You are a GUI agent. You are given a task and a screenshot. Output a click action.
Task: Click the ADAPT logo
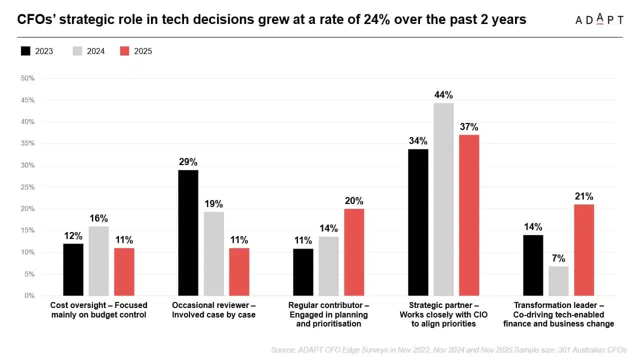click(599, 19)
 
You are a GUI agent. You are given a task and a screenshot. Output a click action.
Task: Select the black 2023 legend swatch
click(25, 51)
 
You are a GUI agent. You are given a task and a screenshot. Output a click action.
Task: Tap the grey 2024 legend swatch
click(77, 51)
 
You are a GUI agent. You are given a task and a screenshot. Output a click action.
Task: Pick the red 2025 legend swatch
click(124, 51)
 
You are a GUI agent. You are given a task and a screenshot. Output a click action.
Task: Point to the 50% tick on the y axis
click(27, 78)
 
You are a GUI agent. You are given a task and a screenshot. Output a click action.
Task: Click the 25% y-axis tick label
click(27, 187)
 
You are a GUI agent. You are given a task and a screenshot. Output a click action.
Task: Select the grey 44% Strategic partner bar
click(443, 199)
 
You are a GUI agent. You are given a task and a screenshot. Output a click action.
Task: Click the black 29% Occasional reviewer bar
click(188, 233)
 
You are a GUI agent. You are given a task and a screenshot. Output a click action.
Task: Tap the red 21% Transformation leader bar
click(584, 250)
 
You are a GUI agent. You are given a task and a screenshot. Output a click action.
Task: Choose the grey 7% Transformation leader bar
click(558, 281)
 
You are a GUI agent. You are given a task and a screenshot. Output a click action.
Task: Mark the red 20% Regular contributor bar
click(354, 252)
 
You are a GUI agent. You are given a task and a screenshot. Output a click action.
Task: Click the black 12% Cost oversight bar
click(73, 269)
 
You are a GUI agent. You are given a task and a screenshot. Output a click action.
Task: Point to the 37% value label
click(469, 126)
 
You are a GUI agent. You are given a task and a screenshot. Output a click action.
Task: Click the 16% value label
click(99, 218)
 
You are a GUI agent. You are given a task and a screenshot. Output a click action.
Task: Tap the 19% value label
click(213, 203)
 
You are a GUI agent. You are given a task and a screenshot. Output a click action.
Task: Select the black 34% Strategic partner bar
click(418, 222)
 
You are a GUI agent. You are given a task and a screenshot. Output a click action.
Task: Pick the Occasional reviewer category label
click(213, 310)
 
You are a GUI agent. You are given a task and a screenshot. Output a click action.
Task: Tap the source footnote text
click(449, 350)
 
